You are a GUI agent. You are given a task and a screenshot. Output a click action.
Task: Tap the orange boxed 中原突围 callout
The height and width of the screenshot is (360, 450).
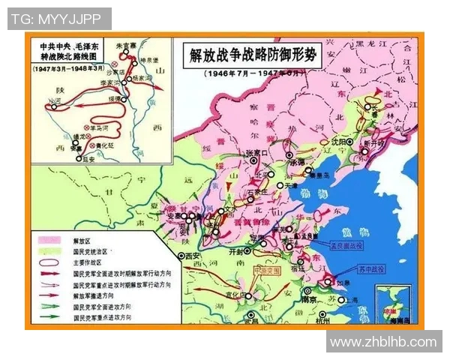[x=265, y=270]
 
